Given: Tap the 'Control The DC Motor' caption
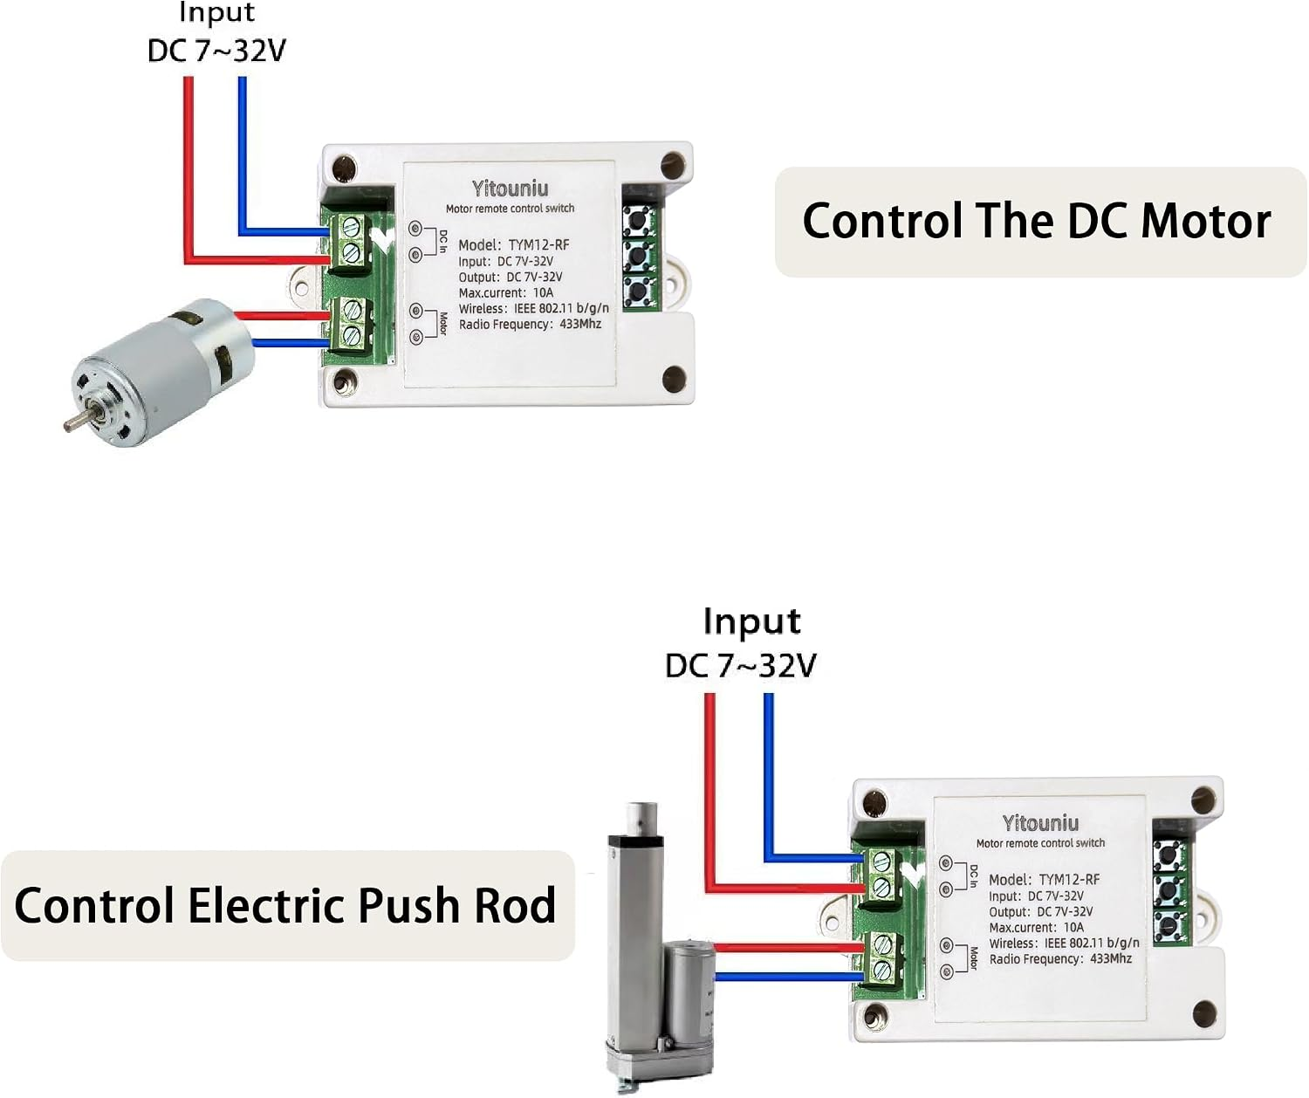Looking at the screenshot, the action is point(1037,222).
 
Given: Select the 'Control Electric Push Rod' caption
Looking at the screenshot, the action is point(285,906).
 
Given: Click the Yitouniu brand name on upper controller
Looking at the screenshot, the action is point(510,189).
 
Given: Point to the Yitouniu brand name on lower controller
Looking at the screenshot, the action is point(1041,823).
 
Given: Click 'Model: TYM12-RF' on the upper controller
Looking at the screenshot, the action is point(513,244).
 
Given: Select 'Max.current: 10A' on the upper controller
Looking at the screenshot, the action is point(506,292).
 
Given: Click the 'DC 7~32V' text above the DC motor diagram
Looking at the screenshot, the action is point(216,51).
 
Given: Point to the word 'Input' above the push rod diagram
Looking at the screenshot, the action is point(751,621).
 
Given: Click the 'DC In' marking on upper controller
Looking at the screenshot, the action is point(442,241).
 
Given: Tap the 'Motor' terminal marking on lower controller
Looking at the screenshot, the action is point(974,958).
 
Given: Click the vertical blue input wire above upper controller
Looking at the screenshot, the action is point(243,154).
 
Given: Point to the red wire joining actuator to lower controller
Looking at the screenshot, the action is point(789,948).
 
